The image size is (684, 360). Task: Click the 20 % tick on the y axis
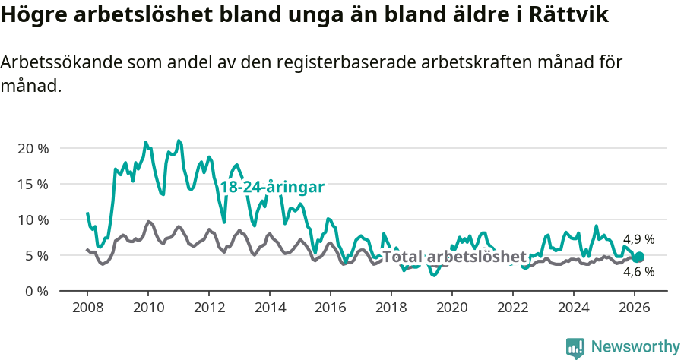tap(33, 148)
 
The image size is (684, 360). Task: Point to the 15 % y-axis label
tap(33, 184)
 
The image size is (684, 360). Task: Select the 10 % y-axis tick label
tap(33, 219)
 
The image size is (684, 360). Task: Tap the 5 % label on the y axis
tap(36, 255)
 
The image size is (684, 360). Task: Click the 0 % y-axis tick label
tap(36, 291)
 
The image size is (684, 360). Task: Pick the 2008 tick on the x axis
tap(87, 308)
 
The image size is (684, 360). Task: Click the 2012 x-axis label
tap(209, 308)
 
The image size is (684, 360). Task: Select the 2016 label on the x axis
tap(331, 308)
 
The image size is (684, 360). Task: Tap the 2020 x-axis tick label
tap(452, 308)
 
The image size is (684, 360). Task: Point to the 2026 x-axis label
tap(635, 308)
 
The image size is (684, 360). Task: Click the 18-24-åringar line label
tap(272, 188)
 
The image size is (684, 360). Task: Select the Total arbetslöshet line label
tap(454, 256)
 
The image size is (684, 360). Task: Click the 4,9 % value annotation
tap(638, 239)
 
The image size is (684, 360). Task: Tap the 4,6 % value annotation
tap(638, 272)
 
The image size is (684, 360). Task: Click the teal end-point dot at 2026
tap(638, 257)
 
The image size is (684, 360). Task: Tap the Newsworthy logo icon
tap(575, 347)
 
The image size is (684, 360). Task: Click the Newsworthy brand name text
tap(635, 347)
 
